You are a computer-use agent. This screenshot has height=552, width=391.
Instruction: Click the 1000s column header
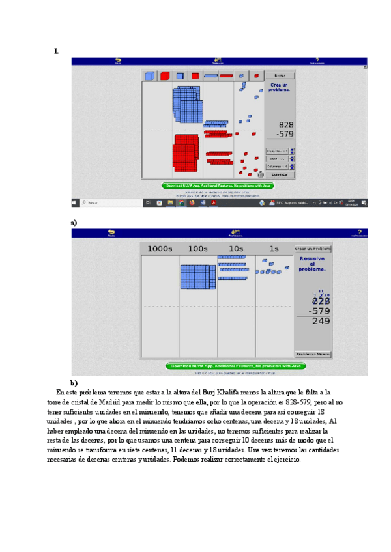160,249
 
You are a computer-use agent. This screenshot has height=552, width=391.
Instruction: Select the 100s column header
197,249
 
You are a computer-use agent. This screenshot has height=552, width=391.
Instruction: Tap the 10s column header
236,249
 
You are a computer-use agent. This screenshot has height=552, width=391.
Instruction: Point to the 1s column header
274,249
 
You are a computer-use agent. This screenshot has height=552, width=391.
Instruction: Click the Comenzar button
280,174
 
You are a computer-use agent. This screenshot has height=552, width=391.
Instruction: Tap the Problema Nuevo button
313,354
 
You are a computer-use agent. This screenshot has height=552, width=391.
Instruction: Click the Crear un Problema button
313,249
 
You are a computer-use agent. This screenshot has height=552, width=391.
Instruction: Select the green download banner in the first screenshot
218,186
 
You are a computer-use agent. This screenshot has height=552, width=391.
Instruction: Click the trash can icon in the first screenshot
261,174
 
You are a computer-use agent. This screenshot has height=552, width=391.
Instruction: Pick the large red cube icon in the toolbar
165,76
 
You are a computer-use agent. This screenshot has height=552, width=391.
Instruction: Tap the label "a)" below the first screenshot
74,223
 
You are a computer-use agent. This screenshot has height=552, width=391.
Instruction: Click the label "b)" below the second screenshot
74,383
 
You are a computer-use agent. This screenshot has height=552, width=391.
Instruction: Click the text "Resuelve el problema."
313,264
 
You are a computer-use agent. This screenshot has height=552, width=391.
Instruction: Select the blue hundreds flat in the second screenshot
197,277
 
